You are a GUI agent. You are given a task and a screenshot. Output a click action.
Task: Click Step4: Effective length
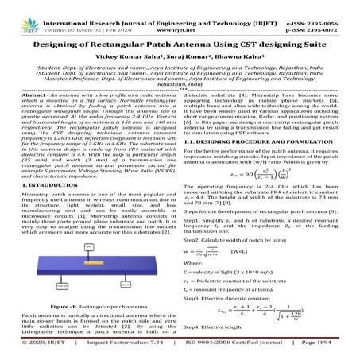tap(207, 339)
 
